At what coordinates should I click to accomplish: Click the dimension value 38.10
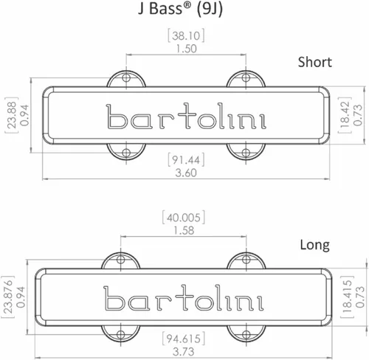(184, 34)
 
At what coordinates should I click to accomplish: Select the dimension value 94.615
(184, 341)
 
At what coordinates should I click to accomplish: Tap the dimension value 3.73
(184, 353)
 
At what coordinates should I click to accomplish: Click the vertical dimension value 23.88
(10, 116)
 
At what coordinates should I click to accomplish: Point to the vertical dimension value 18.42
(344, 116)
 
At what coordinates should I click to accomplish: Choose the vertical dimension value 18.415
(344, 297)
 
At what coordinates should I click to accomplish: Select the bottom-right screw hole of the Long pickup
(242, 333)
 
